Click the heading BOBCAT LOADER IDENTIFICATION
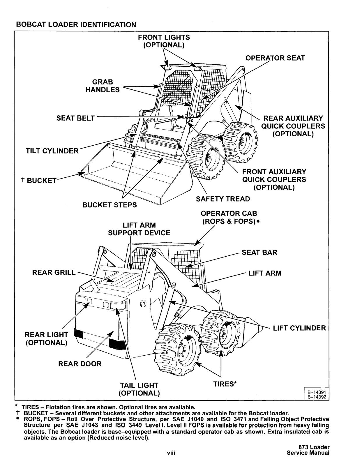click(x=76, y=25)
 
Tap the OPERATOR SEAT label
click(x=275, y=58)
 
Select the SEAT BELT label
click(x=75, y=118)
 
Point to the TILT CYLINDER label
click(x=52, y=151)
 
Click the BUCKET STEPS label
click(x=110, y=205)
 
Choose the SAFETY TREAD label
click(x=223, y=199)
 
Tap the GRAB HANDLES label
click(x=103, y=86)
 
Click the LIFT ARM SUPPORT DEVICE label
click(x=139, y=229)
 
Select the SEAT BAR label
click(x=259, y=252)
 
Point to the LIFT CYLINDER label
click(x=299, y=328)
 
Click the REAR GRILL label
click(x=54, y=272)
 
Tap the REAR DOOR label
click(x=80, y=364)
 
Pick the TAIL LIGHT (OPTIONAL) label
click(x=139, y=389)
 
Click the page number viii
click(x=171, y=453)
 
